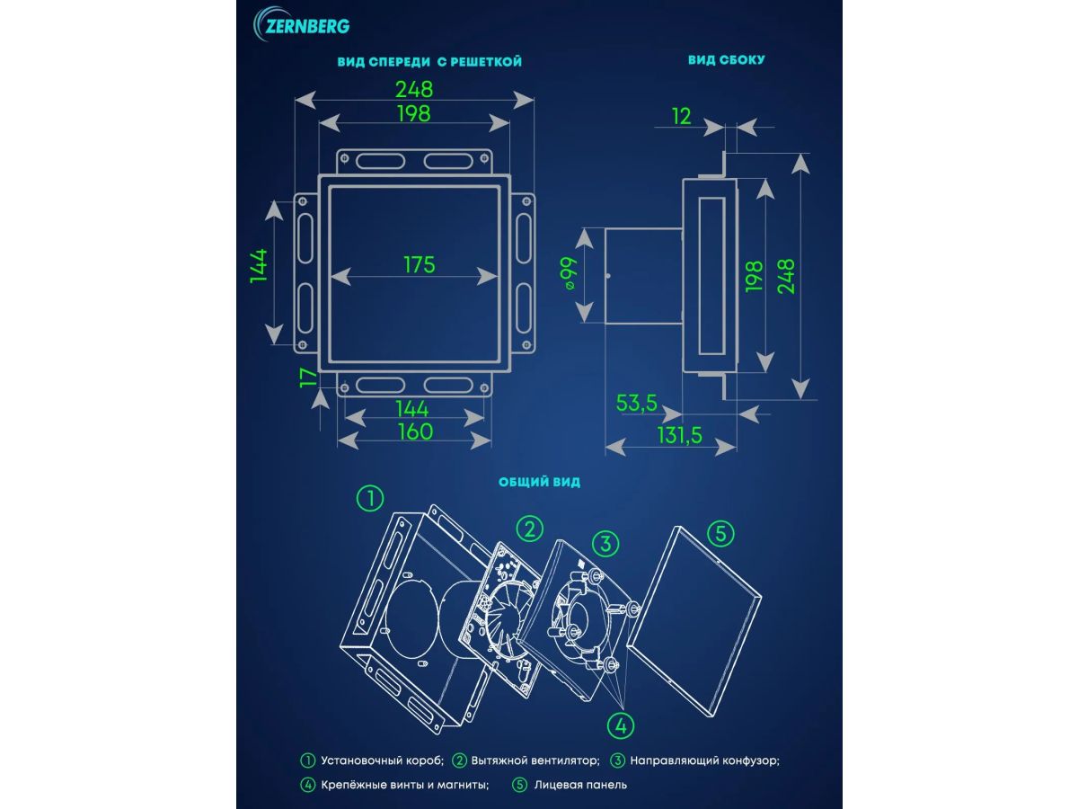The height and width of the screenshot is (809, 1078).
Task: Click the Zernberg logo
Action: [x=301, y=24]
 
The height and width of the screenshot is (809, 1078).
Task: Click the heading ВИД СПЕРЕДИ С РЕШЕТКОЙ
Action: [x=429, y=62]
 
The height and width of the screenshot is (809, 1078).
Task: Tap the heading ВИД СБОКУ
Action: [x=727, y=60]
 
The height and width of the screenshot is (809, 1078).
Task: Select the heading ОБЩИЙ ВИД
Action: [x=539, y=482]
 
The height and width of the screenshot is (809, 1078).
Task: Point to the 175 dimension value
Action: [x=420, y=265]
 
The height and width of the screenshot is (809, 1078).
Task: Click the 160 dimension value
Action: [x=416, y=431]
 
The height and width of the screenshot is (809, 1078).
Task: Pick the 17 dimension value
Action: [x=309, y=378]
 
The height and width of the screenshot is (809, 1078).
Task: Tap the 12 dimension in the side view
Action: [x=681, y=117]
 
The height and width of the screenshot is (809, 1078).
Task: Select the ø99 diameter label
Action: [x=570, y=273]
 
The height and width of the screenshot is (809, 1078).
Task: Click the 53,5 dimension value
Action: [x=637, y=404]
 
